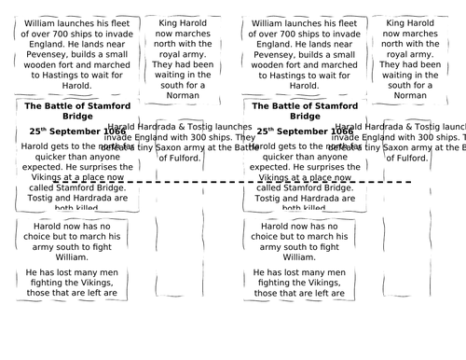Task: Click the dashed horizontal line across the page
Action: pos(233,182)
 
